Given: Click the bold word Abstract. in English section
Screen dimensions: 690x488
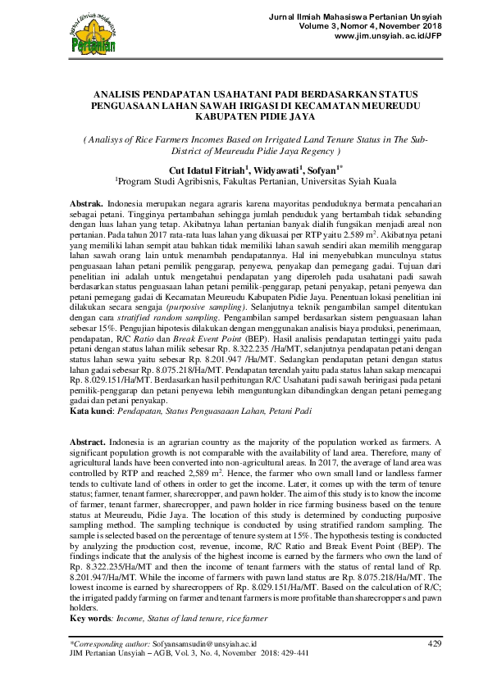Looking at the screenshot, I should pyautogui.click(x=89, y=442).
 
